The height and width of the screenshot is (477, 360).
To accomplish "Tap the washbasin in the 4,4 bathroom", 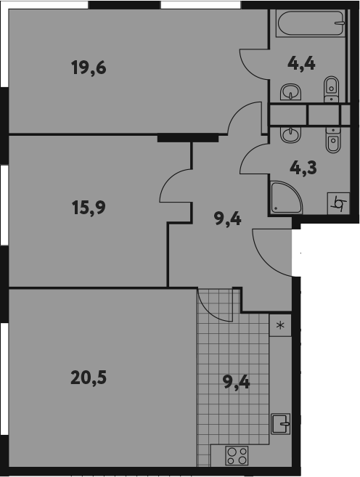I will pos(291,91).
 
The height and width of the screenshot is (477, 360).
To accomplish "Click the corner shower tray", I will pos(284,197).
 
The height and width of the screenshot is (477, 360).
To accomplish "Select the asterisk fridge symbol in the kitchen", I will pos(280,325).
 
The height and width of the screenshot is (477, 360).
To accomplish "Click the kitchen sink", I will pos(281,423).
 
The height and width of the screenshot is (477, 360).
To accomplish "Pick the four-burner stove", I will pos(237,455).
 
